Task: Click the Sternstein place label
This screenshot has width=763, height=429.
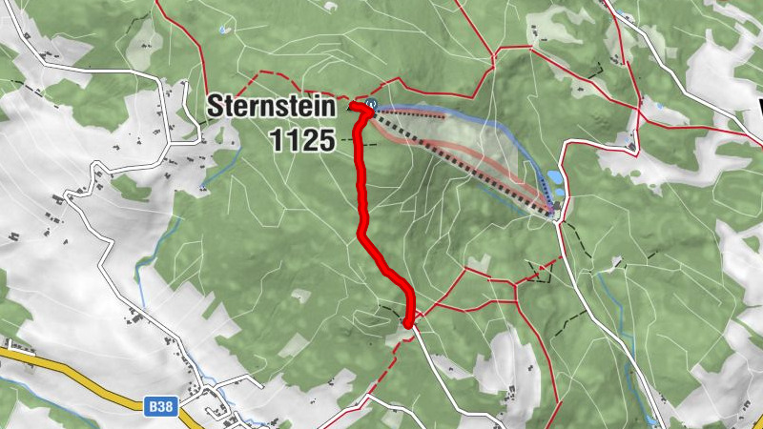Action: pyautogui.click(x=273, y=105)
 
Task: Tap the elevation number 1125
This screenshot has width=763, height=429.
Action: pyautogui.click(x=301, y=141)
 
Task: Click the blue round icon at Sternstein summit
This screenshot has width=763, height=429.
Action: pyautogui.click(x=371, y=104)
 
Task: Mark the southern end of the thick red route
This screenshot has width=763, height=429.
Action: pyautogui.click(x=409, y=324)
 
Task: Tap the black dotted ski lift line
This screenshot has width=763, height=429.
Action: pyautogui.click(x=458, y=153)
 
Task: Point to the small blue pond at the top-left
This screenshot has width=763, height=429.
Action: pyautogui.click(x=223, y=31)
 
